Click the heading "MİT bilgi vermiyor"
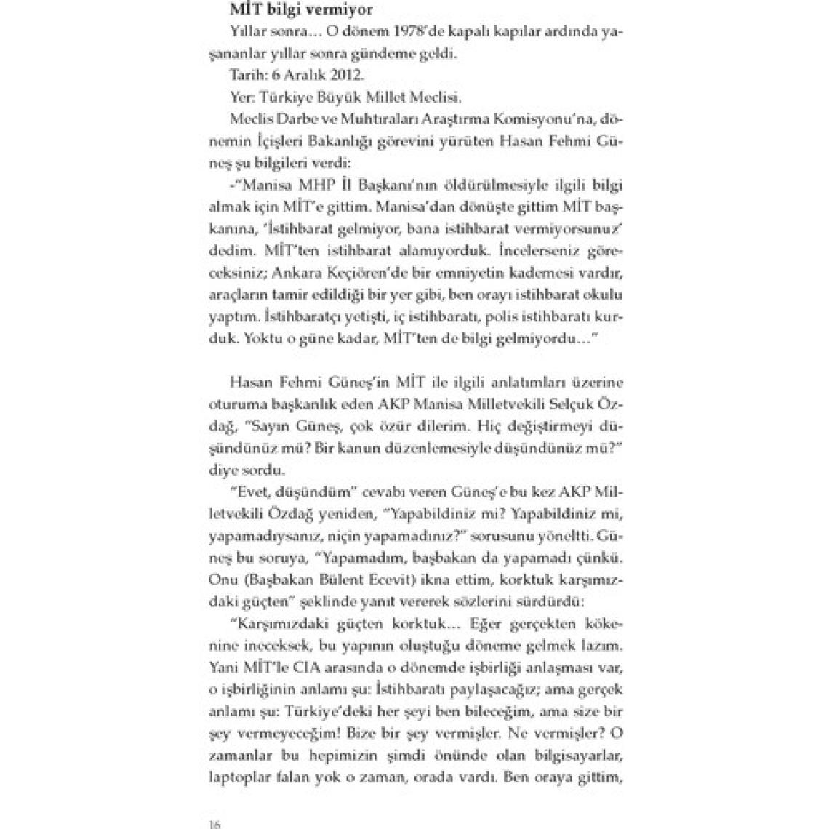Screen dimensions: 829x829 click(291, 11)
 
